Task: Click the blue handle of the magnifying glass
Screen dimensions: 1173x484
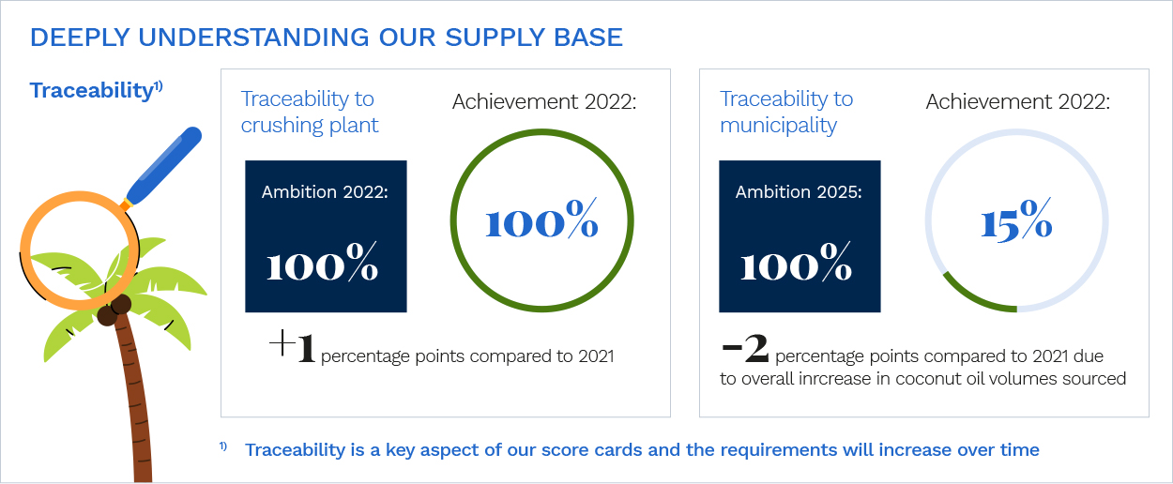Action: pos(164,165)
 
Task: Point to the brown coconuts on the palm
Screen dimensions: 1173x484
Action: pos(114,310)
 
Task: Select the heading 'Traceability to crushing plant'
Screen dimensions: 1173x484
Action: pos(310,112)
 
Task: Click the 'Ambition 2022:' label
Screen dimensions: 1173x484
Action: pos(326,192)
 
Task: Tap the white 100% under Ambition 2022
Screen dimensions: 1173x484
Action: pos(322,262)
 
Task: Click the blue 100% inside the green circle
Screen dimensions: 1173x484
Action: pos(542,219)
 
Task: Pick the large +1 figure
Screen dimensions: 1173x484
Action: pos(292,346)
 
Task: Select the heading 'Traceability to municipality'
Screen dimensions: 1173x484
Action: pos(786,112)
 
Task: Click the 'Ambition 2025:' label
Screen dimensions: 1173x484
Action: pos(799,192)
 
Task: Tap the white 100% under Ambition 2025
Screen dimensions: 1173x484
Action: pos(796,262)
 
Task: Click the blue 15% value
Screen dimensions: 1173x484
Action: pos(1016,219)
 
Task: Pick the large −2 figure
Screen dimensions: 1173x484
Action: pos(745,347)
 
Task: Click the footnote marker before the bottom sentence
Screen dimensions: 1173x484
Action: pos(223,446)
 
